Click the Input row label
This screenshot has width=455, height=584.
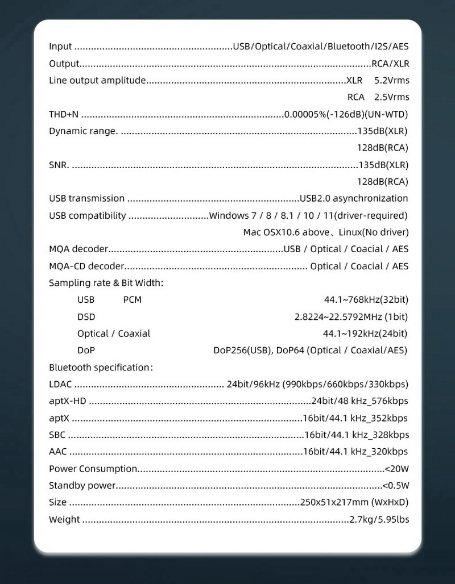[61, 47]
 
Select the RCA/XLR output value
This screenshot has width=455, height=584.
[390, 64]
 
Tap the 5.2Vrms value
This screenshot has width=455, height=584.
[392, 80]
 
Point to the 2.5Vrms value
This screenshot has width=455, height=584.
[392, 97]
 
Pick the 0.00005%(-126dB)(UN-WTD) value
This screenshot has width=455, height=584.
[346, 114]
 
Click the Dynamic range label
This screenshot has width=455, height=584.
[83, 131]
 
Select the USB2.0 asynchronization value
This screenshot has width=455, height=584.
[354, 198]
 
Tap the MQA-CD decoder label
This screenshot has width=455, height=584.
[86, 266]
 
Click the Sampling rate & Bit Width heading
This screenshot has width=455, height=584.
[106, 283]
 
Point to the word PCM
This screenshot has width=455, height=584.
[132, 299]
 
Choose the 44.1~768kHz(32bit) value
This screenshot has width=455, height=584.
[366, 299]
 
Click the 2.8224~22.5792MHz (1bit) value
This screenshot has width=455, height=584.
[351, 316]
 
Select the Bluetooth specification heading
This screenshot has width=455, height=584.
[101, 368]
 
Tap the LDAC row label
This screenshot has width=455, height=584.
[60, 385]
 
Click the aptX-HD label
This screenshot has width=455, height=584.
[67, 401]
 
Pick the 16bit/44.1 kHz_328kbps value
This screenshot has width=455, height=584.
[357, 435]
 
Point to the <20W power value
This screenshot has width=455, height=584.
[397, 469]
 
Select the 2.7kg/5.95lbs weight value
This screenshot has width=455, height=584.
[379, 519]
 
